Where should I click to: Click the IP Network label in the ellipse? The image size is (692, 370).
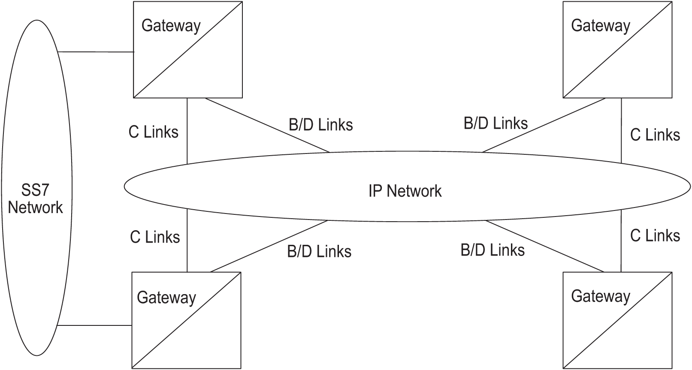pos(405,191)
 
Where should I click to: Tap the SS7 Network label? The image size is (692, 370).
pos(36,199)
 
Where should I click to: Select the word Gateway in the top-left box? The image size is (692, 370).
pos(171,26)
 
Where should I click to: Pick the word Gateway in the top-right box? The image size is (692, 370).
pos(600,26)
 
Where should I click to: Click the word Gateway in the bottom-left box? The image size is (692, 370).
pos(166,298)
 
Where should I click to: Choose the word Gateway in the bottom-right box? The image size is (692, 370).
pos(600,296)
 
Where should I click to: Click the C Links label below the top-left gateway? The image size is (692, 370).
pos(153,132)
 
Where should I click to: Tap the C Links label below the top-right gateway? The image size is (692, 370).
pos(655,135)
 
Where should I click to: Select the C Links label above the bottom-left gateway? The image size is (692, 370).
pos(155,237)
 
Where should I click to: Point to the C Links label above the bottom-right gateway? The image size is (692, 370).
pos(655,235)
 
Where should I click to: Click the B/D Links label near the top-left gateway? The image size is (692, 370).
pos(320,125)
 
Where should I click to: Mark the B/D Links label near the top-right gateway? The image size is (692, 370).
pos(496,123)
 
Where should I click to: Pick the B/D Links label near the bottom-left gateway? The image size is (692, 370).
pos(319,251)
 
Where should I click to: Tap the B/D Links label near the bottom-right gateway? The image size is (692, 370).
pos(493,250)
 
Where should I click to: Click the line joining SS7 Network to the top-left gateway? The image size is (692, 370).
pos(96,52)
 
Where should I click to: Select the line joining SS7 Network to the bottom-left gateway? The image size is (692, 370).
pos(94,325)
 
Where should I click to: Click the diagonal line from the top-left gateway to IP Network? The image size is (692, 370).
pos(267,125)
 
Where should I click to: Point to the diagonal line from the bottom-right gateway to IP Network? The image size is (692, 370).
pos(545,247)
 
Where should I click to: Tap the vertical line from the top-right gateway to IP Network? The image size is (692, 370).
pos(621,131)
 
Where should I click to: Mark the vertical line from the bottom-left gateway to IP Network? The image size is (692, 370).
pos(187,240)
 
